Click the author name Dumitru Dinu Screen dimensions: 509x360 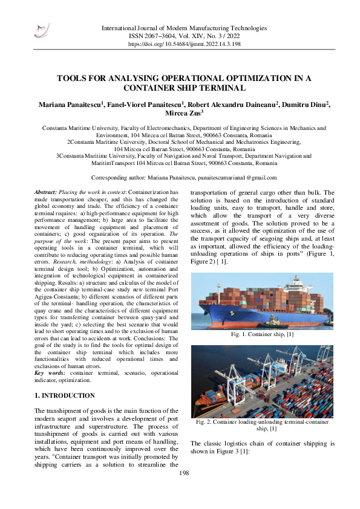306,104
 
